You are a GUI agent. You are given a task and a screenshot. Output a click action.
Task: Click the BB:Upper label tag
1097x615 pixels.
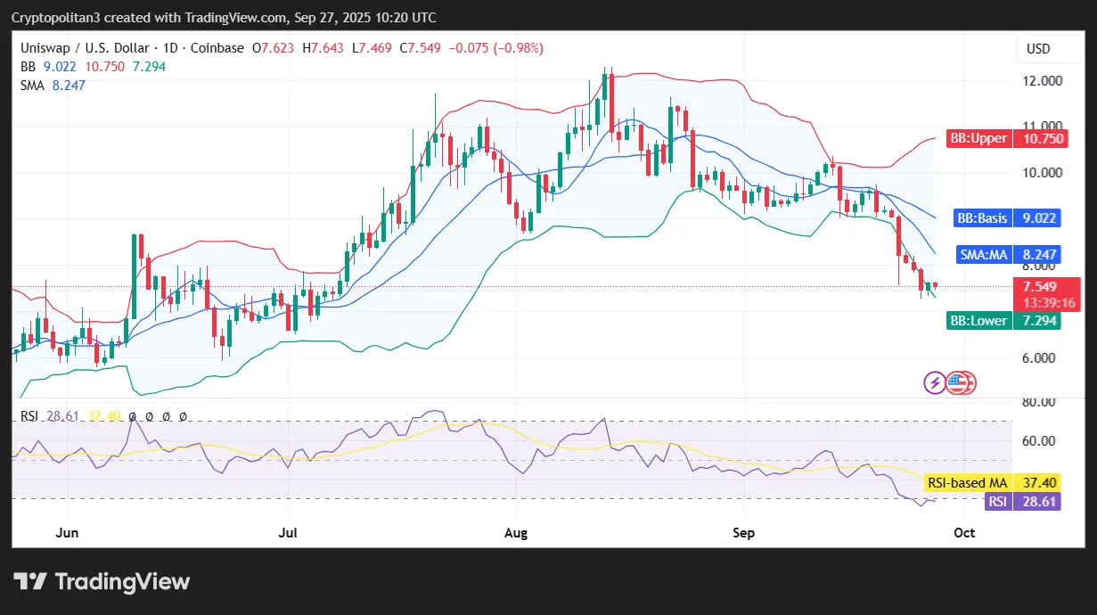click(978, 138)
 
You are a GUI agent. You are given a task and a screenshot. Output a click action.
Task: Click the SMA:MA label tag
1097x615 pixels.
click(983, 255)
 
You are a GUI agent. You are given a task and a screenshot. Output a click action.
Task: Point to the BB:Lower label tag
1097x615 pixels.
click(978, 321)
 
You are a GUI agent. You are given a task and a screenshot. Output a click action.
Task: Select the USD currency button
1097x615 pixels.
click(1038, 48)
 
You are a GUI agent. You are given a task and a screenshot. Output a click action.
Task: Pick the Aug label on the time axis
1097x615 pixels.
click(516, 533)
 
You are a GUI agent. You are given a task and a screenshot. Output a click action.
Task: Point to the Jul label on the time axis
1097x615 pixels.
click(287, 533)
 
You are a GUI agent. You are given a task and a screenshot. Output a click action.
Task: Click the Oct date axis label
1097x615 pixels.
click(964, 533)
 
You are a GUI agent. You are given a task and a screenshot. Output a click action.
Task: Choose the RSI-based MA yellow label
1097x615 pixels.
click(968, 482)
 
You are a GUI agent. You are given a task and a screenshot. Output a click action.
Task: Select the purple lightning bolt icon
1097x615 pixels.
click(935, 383)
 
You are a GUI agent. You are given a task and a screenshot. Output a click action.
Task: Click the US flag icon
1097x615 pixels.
click(957, 383)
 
